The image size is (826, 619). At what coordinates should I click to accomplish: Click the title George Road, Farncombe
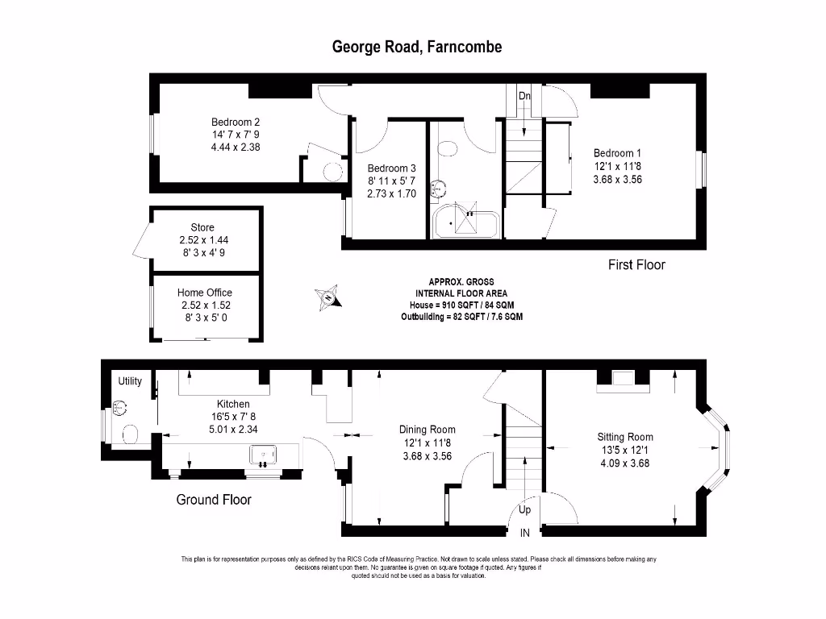417,47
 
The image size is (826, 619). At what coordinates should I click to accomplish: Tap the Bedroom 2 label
230,123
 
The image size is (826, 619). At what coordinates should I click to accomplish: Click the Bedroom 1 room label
617,153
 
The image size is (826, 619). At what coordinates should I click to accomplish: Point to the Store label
202,228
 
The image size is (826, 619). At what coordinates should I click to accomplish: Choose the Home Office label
205,293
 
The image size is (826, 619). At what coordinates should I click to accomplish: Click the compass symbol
328,297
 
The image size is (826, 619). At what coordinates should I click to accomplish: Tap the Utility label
130,381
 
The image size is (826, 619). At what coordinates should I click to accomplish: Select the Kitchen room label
233,404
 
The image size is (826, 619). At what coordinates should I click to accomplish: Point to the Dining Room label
428,430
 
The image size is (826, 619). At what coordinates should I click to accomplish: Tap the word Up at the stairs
525,510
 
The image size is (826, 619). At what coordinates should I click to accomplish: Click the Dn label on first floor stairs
524,96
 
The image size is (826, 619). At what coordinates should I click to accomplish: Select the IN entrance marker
524,533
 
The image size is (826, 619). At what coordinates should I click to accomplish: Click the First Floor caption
636,264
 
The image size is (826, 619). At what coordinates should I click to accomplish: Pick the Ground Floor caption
214,500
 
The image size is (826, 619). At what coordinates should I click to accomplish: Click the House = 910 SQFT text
461,305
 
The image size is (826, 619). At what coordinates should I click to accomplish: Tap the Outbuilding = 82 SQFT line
461,318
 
